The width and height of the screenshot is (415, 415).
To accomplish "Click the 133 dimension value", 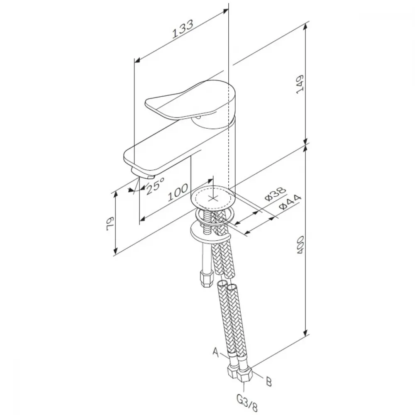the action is pyautogui.click(x=183, y=29).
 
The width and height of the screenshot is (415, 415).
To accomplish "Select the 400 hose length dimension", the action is pyautogui.click(x=300, y=245).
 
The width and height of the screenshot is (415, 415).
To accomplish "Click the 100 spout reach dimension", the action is pyautogui.click(x=178, y=192).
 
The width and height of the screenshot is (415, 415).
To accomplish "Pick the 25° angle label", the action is pyautogui.click(x=155, y=186).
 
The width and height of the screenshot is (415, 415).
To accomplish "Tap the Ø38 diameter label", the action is pyautogui.click(x=275, y=194).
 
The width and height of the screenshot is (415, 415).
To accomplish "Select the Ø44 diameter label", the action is pyautogui.click(x=290, y=202).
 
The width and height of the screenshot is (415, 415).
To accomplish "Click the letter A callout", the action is pyautogui.click(x=216, y=352).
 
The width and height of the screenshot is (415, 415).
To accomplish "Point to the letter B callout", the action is pyautogui.click(x=269, y=382).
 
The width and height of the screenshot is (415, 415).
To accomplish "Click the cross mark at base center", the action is pyautogui.click(x=213, y=198).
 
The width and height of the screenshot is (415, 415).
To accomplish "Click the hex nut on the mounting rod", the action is pyautogui.click(x=207, y=278).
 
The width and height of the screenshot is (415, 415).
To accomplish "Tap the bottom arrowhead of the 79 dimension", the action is pyautogui.click(x=115, y=250).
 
